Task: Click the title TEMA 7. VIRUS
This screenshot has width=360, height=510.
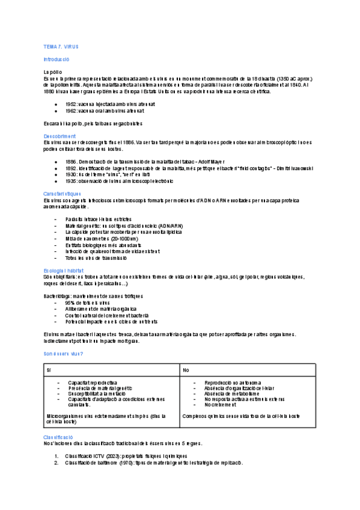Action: pos(61,46)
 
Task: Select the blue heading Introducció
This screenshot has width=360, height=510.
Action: pos(56,60)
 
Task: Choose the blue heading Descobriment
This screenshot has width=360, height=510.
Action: pos(59,136)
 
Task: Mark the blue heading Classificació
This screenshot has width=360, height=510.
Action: pos(58,437)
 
